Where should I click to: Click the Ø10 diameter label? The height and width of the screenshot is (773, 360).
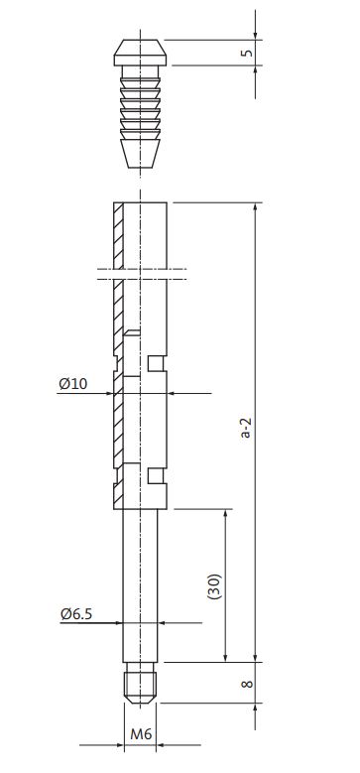pos(73,384)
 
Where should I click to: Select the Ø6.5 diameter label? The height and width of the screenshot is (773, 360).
pos(76,614)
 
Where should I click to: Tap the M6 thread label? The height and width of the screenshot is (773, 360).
pos(141,734)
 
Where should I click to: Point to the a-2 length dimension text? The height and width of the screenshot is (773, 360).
pos(246,428)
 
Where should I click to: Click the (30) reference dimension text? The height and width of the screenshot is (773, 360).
pos(215,586)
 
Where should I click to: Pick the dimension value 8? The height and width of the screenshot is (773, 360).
pos(247,684)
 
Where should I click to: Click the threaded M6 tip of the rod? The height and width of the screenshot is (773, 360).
pos(141,683)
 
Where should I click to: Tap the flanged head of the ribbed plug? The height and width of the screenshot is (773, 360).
pos(141,53)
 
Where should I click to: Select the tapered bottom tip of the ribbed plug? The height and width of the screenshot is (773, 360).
pos(141,154)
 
